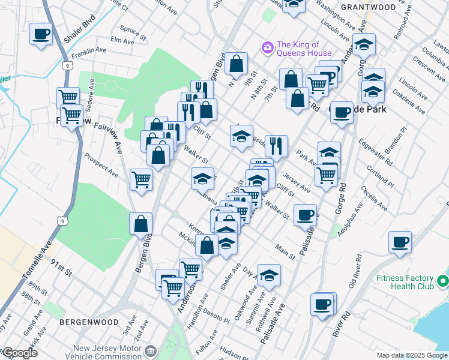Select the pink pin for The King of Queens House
[267, 47]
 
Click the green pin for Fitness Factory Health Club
[442, 280]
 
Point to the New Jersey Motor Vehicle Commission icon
[150, 350]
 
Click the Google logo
[19, 353]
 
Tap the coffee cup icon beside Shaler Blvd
[41, 34]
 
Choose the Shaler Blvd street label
[79, 37]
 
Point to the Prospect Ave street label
[101, 164]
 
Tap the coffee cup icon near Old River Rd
[400, 242]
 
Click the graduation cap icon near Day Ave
[269, 274]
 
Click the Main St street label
[285, 252]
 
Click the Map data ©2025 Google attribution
[411, 355]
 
